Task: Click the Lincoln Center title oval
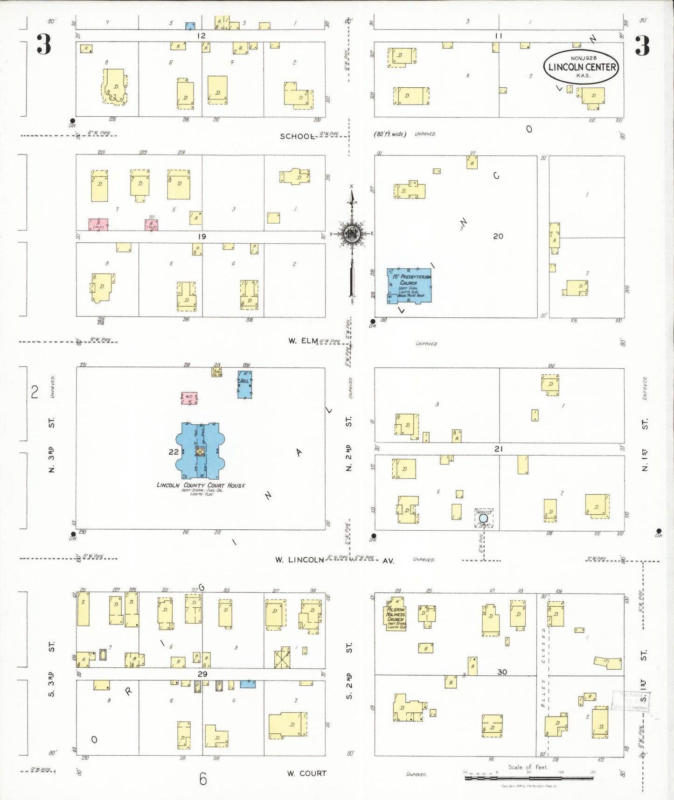(581, 67)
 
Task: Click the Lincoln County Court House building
(201, 451)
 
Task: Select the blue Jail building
(244, 385)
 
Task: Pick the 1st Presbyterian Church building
(409, 286)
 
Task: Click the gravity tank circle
(484, 518)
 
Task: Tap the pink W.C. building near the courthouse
(189, 398)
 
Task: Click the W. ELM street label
(303, 341)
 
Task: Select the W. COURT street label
(306, 773)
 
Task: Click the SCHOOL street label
(297, 136)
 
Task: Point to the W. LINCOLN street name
(299, 560)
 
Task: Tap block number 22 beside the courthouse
(174, 451)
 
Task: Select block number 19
(202, 237)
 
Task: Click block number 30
(502, 672)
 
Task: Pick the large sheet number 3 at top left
(44, 45)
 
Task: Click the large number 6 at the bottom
(203, 779)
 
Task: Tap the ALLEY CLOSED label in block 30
(543, 668)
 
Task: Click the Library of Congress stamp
(631, 701)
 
